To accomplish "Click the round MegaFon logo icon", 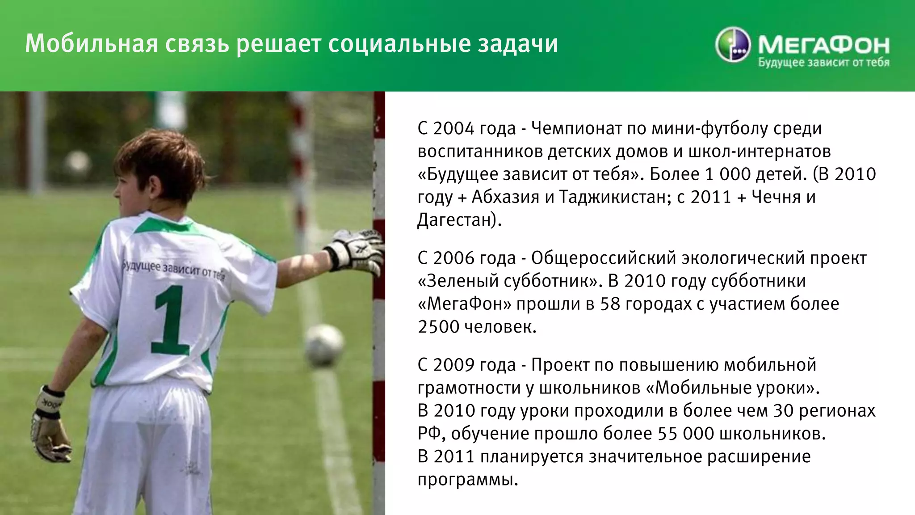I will coord(733,45).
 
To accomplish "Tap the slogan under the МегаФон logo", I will coord(823,63).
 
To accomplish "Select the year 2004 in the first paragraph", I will coord(453,129).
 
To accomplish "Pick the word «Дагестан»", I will coord(456,220).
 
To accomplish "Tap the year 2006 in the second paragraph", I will coord(453,258).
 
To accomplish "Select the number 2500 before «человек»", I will coord(438,327).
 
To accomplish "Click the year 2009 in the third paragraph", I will coord(453,365).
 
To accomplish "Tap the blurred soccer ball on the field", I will coord(324,345).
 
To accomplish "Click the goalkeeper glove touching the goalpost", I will coord(356,250).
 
